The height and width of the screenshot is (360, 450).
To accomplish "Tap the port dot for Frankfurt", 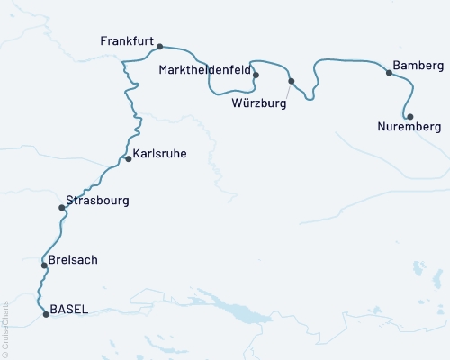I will point(159,47).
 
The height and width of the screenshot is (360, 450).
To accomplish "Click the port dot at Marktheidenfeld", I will point(256,76).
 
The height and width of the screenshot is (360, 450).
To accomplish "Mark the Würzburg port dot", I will point(291,82).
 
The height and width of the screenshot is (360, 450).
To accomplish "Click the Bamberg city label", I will point(418,67).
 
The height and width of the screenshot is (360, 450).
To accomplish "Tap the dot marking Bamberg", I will point(389,73).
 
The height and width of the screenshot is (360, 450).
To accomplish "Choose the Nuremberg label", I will point(405,129).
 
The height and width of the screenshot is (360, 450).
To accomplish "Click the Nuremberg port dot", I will point(409,117).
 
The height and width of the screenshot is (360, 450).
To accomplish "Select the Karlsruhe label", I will point(160,154).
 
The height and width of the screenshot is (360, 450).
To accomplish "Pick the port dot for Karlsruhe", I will point(129,159).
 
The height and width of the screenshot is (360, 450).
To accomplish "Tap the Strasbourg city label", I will point(97,200).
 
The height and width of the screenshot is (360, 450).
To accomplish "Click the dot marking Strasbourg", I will point(61,208).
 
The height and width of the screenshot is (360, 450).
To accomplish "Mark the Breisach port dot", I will point(43,265).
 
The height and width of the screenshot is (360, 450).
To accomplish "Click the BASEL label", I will point(69,309).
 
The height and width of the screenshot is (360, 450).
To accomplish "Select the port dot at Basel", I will point(46,314).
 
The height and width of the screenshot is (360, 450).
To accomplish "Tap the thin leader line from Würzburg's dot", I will point(286,90).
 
